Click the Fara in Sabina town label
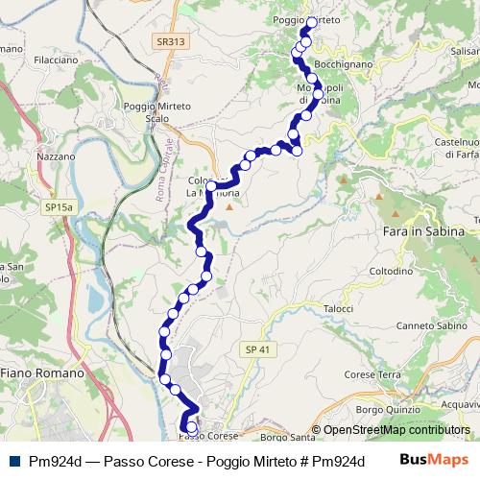pyautogui.click(x=423, y=232)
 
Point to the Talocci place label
pyautogui.click(x=339, y=308)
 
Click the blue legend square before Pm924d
pyautogui.click(x=11, y=460)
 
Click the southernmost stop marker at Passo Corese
pyautogui.click(x=191, y=427)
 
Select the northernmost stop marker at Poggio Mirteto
pyautogui.click(x=311, y=20)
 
